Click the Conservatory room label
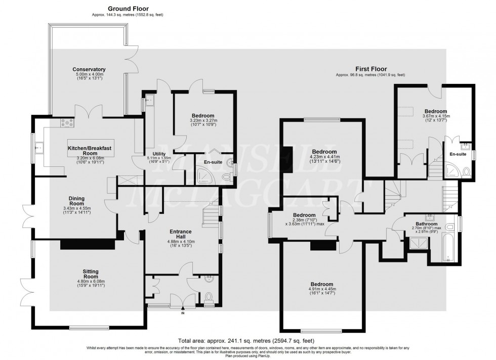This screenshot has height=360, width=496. [89, 69]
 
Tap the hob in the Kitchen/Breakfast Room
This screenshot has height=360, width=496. [67, 122]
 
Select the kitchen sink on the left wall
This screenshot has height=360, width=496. [39, 148]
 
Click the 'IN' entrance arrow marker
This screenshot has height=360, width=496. [183, 313]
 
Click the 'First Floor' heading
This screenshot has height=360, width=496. [370, 69]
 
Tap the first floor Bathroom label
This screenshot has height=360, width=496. [423, 223]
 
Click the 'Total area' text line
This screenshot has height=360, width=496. [247, 340]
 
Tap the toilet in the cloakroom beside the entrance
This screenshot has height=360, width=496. [209, 297]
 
